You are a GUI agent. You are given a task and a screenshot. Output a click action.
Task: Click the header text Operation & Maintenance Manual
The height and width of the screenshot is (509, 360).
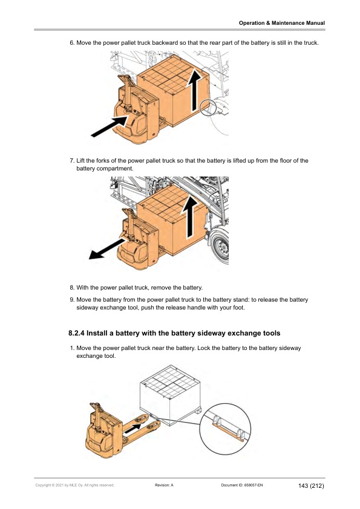coord(282,23)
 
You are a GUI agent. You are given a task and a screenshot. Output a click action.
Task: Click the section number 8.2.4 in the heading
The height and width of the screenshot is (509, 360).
coord(76,333)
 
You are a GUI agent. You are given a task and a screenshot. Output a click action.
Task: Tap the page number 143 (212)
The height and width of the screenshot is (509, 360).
coord(311,485)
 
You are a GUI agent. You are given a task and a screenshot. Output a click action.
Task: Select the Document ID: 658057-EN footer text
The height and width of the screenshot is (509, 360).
coord(242,485)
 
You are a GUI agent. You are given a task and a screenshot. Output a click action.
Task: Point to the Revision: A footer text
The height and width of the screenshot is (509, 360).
coord(164,485)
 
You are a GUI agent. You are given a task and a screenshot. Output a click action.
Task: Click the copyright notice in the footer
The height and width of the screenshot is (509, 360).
coord(75,485)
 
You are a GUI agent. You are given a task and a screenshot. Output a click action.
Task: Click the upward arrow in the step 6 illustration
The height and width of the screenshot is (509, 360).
coord(195,91)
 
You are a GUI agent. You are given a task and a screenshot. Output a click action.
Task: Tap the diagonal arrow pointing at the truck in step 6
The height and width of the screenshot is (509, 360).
coord(110,126)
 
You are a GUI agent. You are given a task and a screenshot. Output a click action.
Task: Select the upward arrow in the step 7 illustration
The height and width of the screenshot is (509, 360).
coord(189,217)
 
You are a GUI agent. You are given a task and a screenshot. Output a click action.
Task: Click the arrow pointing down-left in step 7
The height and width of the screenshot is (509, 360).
coord(106,249)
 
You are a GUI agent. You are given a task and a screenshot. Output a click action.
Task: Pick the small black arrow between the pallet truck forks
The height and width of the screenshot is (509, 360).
coord(133,429)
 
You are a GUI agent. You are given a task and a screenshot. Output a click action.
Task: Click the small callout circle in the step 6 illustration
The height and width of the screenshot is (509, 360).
coord(208,108)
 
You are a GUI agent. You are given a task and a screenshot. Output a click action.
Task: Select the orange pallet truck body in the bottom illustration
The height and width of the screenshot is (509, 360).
coord(104,431)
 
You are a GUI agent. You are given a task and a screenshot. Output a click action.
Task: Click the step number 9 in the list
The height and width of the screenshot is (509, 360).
coord(72,300)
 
